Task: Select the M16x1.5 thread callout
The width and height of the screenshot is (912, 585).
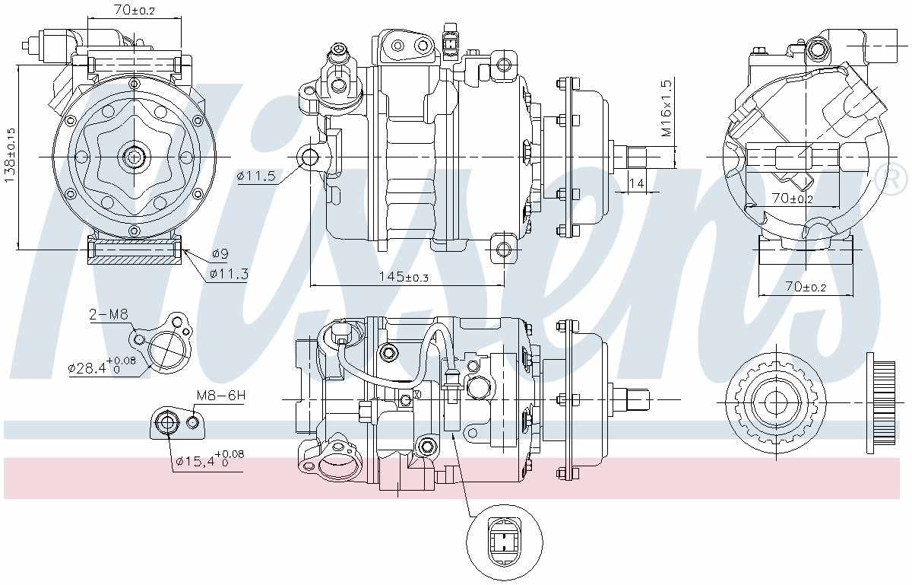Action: pos(667,110)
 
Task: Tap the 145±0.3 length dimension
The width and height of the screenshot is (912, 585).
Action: pos(404,277)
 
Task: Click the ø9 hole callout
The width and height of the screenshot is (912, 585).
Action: pos(220,253)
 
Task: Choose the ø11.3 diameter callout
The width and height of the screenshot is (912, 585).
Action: pos(229,273)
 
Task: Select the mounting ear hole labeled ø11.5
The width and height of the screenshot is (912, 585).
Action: pos(310,157)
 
